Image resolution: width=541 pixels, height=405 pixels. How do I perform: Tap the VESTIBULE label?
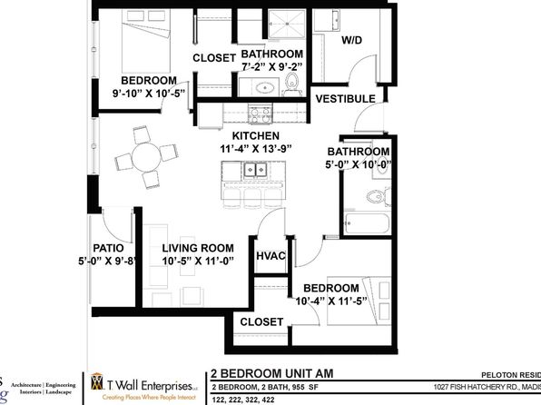click(345, 98)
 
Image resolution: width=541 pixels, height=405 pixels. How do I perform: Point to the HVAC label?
click(271, 257)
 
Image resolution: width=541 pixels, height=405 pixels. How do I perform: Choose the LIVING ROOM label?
click(198, 247)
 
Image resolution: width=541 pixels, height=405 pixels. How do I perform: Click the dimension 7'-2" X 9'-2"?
click(270, 67)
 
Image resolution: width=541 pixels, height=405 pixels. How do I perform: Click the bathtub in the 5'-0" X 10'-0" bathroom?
click(368, 223)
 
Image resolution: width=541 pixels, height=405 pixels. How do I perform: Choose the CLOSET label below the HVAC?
click(261, 321)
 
